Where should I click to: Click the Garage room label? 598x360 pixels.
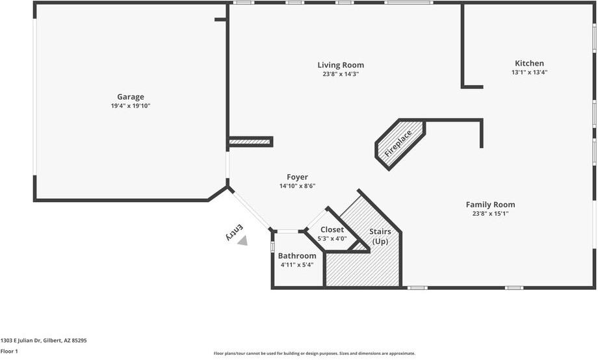click(131, 97)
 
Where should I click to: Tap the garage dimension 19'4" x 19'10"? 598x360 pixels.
click(131, 106)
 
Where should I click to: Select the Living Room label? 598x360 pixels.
click(341, 65)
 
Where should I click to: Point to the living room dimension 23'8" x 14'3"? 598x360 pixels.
click(341, 74)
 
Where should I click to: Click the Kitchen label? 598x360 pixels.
click(529, 63)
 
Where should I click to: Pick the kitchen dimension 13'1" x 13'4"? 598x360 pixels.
click(529, 72)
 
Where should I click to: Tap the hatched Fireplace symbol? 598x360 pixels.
click(399, 144)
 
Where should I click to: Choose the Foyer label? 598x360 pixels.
click(297, 177)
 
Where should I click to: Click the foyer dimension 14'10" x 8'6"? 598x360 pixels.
click(297, 186)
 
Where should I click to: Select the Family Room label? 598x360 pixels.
click(490, 205)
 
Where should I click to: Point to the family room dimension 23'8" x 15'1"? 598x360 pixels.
click(490, 214)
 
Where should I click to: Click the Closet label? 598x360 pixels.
click(332, 230)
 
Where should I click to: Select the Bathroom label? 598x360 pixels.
click(297, 256)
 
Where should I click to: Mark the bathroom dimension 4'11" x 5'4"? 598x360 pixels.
click(296, 265)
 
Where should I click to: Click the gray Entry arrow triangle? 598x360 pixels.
click(242, 241)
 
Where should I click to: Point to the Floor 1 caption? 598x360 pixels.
click(9, 351)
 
